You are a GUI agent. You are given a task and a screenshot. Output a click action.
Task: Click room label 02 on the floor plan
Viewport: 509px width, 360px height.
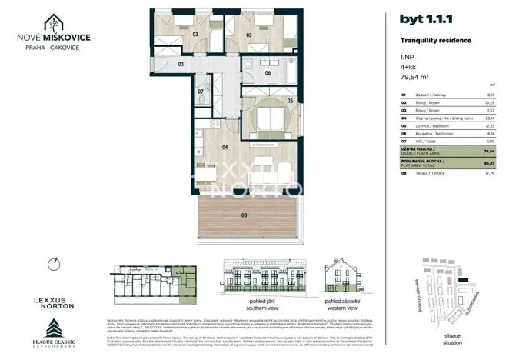coord(195,35)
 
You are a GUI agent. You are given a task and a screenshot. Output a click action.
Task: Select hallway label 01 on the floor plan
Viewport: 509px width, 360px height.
coord(181,65)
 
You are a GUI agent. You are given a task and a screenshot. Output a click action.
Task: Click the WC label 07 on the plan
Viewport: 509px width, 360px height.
coord(201,92)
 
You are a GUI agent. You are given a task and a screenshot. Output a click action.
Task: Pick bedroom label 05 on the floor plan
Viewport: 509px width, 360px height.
coord(290,100)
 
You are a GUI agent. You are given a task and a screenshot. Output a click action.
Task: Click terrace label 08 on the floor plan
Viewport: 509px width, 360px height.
coord(245,215)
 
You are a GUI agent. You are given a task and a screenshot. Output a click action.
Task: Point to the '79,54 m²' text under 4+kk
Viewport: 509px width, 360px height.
coord(415,77)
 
